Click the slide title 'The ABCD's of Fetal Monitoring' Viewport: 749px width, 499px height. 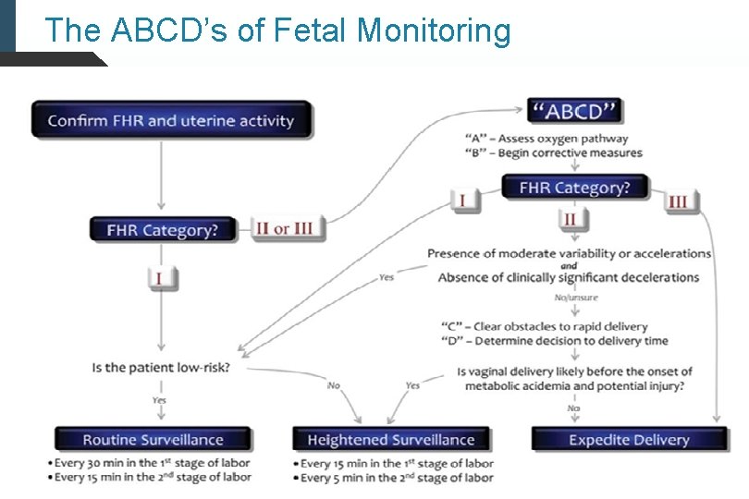click(x=277, y=30)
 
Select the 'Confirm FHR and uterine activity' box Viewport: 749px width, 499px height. click(x=171, y=120)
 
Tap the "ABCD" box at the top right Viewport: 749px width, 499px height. click(x=575, y=112)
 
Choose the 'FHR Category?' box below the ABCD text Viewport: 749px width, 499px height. click(x=574, y=188)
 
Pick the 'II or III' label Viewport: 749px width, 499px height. click(x=288, y=228)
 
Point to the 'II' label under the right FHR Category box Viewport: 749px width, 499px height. click(x=570, y=219)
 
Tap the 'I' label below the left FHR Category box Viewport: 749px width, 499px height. click(x=161, y=277)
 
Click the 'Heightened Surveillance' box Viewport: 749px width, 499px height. click(x=390, y=440)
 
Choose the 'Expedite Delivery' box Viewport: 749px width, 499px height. click(x=629, y=440)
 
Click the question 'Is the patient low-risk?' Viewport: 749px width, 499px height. click(x=161, y=367)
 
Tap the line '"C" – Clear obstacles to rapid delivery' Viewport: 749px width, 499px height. click(x=546, y=326)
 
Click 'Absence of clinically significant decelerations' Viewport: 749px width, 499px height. click(x=568, y=277)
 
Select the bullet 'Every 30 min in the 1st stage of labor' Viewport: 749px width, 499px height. click(x=152, y=463)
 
